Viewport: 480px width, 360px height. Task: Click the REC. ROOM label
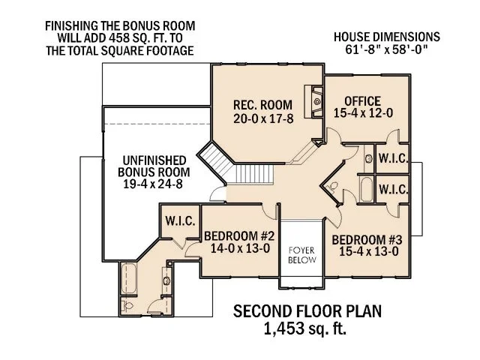point(256,104)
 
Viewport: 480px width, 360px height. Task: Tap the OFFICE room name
point(362,101)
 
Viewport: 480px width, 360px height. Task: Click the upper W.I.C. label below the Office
point(393,159)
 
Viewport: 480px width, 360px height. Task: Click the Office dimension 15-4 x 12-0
point(362,114)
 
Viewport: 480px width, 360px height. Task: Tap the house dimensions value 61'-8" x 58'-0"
point(388,50)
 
